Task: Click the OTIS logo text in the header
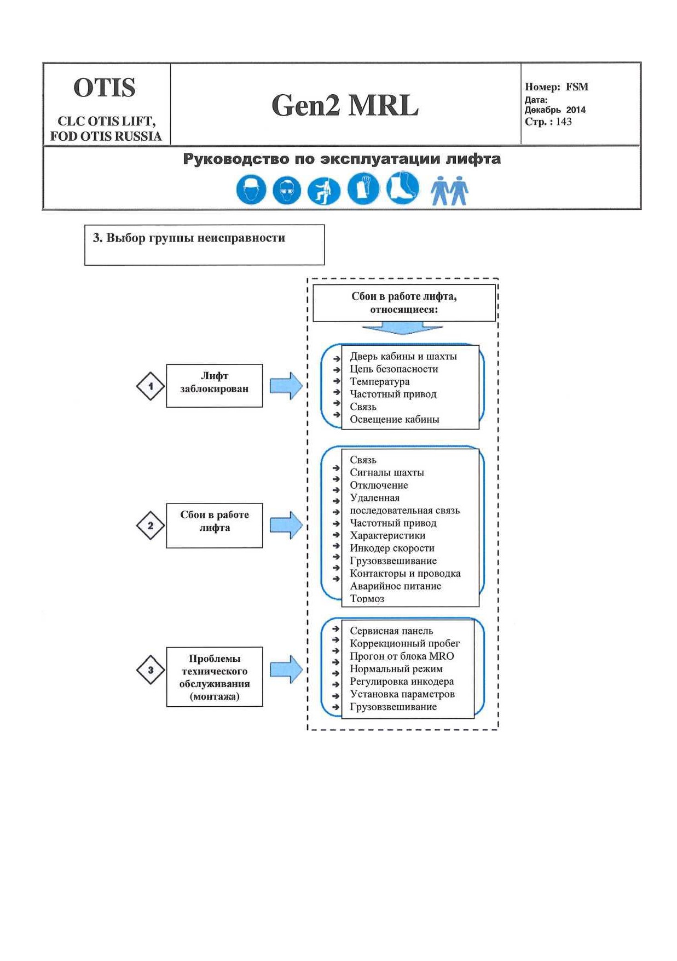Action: point(105,88)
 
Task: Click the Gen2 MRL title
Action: point(345,105)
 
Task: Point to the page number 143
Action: point(564,122)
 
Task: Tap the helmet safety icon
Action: point(251,190)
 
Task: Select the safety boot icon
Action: point(403,188)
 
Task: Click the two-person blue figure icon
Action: point(449,191)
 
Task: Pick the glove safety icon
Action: point(363,189)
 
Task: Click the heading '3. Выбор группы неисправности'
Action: point(189,238)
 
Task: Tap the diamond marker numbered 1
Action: point(151,386)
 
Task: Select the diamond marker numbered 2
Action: point(151,525)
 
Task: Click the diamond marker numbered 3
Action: point(151,670)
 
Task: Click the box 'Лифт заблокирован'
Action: point(215,386)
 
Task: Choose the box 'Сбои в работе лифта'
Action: point(215,525)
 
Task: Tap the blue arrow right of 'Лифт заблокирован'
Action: point(286,386)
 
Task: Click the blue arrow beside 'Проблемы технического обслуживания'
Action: point(286,670)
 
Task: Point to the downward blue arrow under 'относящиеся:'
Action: point(402,328)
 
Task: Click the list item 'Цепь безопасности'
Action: point(394,369)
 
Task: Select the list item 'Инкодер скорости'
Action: point(392,548)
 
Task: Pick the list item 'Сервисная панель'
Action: point(391,631)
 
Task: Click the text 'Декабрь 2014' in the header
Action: point(555,110)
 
